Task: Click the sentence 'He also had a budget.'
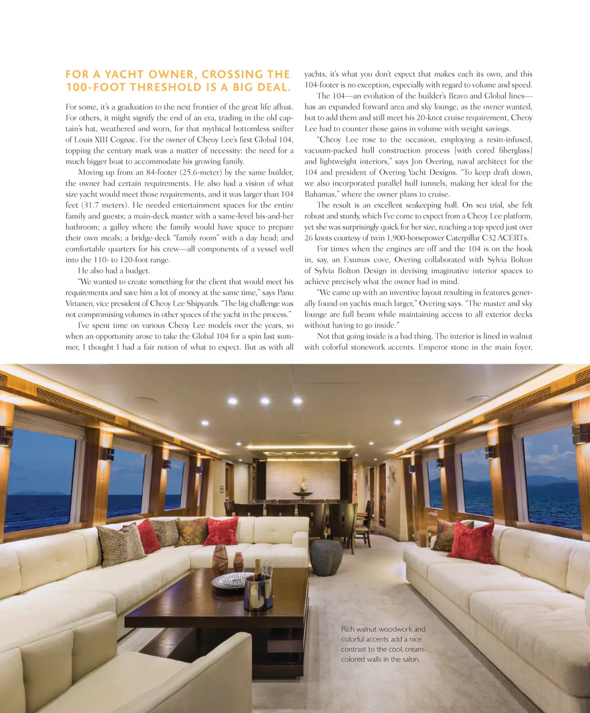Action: point(114,270)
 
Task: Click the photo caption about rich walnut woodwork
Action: point(383,644)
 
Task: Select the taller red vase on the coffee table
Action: point(220,559)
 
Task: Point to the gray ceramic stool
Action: point(326,557)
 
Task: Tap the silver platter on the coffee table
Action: point(230,580)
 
